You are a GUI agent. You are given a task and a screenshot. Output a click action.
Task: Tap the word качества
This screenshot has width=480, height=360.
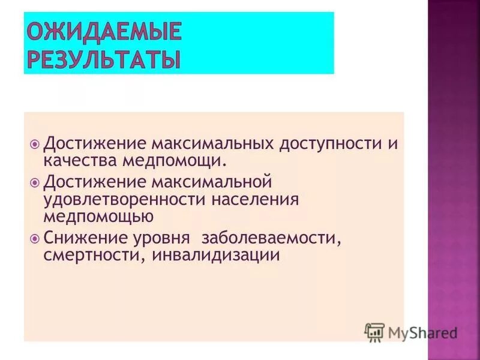(x=80, y=161)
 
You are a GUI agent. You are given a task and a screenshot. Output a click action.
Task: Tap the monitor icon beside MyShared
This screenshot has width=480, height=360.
(x=374, y=332)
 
